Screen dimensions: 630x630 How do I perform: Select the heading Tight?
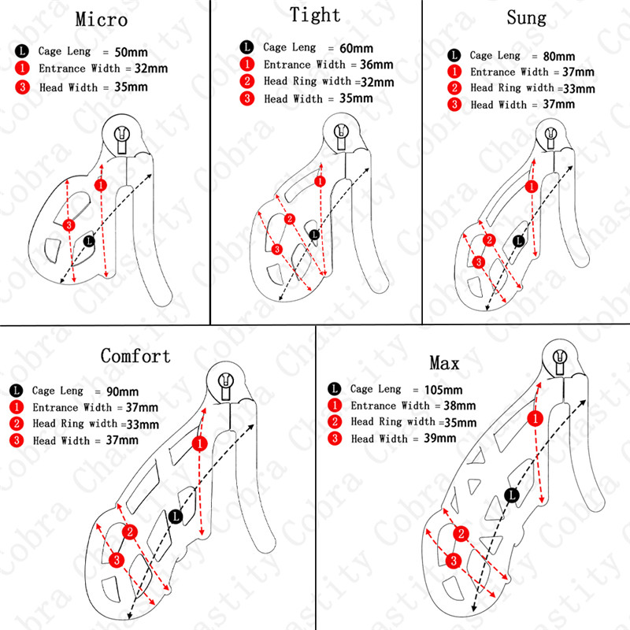tap(315, 15)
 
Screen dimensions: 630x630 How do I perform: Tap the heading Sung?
tap(527, 17)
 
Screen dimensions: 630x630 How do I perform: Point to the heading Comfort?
tap(135, 356)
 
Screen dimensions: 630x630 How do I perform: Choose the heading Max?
tap(444, 363)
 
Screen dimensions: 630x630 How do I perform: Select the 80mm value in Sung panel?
tap(559, 57)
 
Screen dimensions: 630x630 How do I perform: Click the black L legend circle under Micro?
tap(21, 50)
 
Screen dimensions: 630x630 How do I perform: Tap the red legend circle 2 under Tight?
tap(247, 82)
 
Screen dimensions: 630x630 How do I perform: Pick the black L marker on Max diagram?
tap(512, 495)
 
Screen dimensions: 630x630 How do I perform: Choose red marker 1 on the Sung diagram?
tap(533, 187)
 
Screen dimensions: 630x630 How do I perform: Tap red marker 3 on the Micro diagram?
tap(69, 225)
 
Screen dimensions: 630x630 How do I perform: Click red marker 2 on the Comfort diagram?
tap(130, 532)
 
